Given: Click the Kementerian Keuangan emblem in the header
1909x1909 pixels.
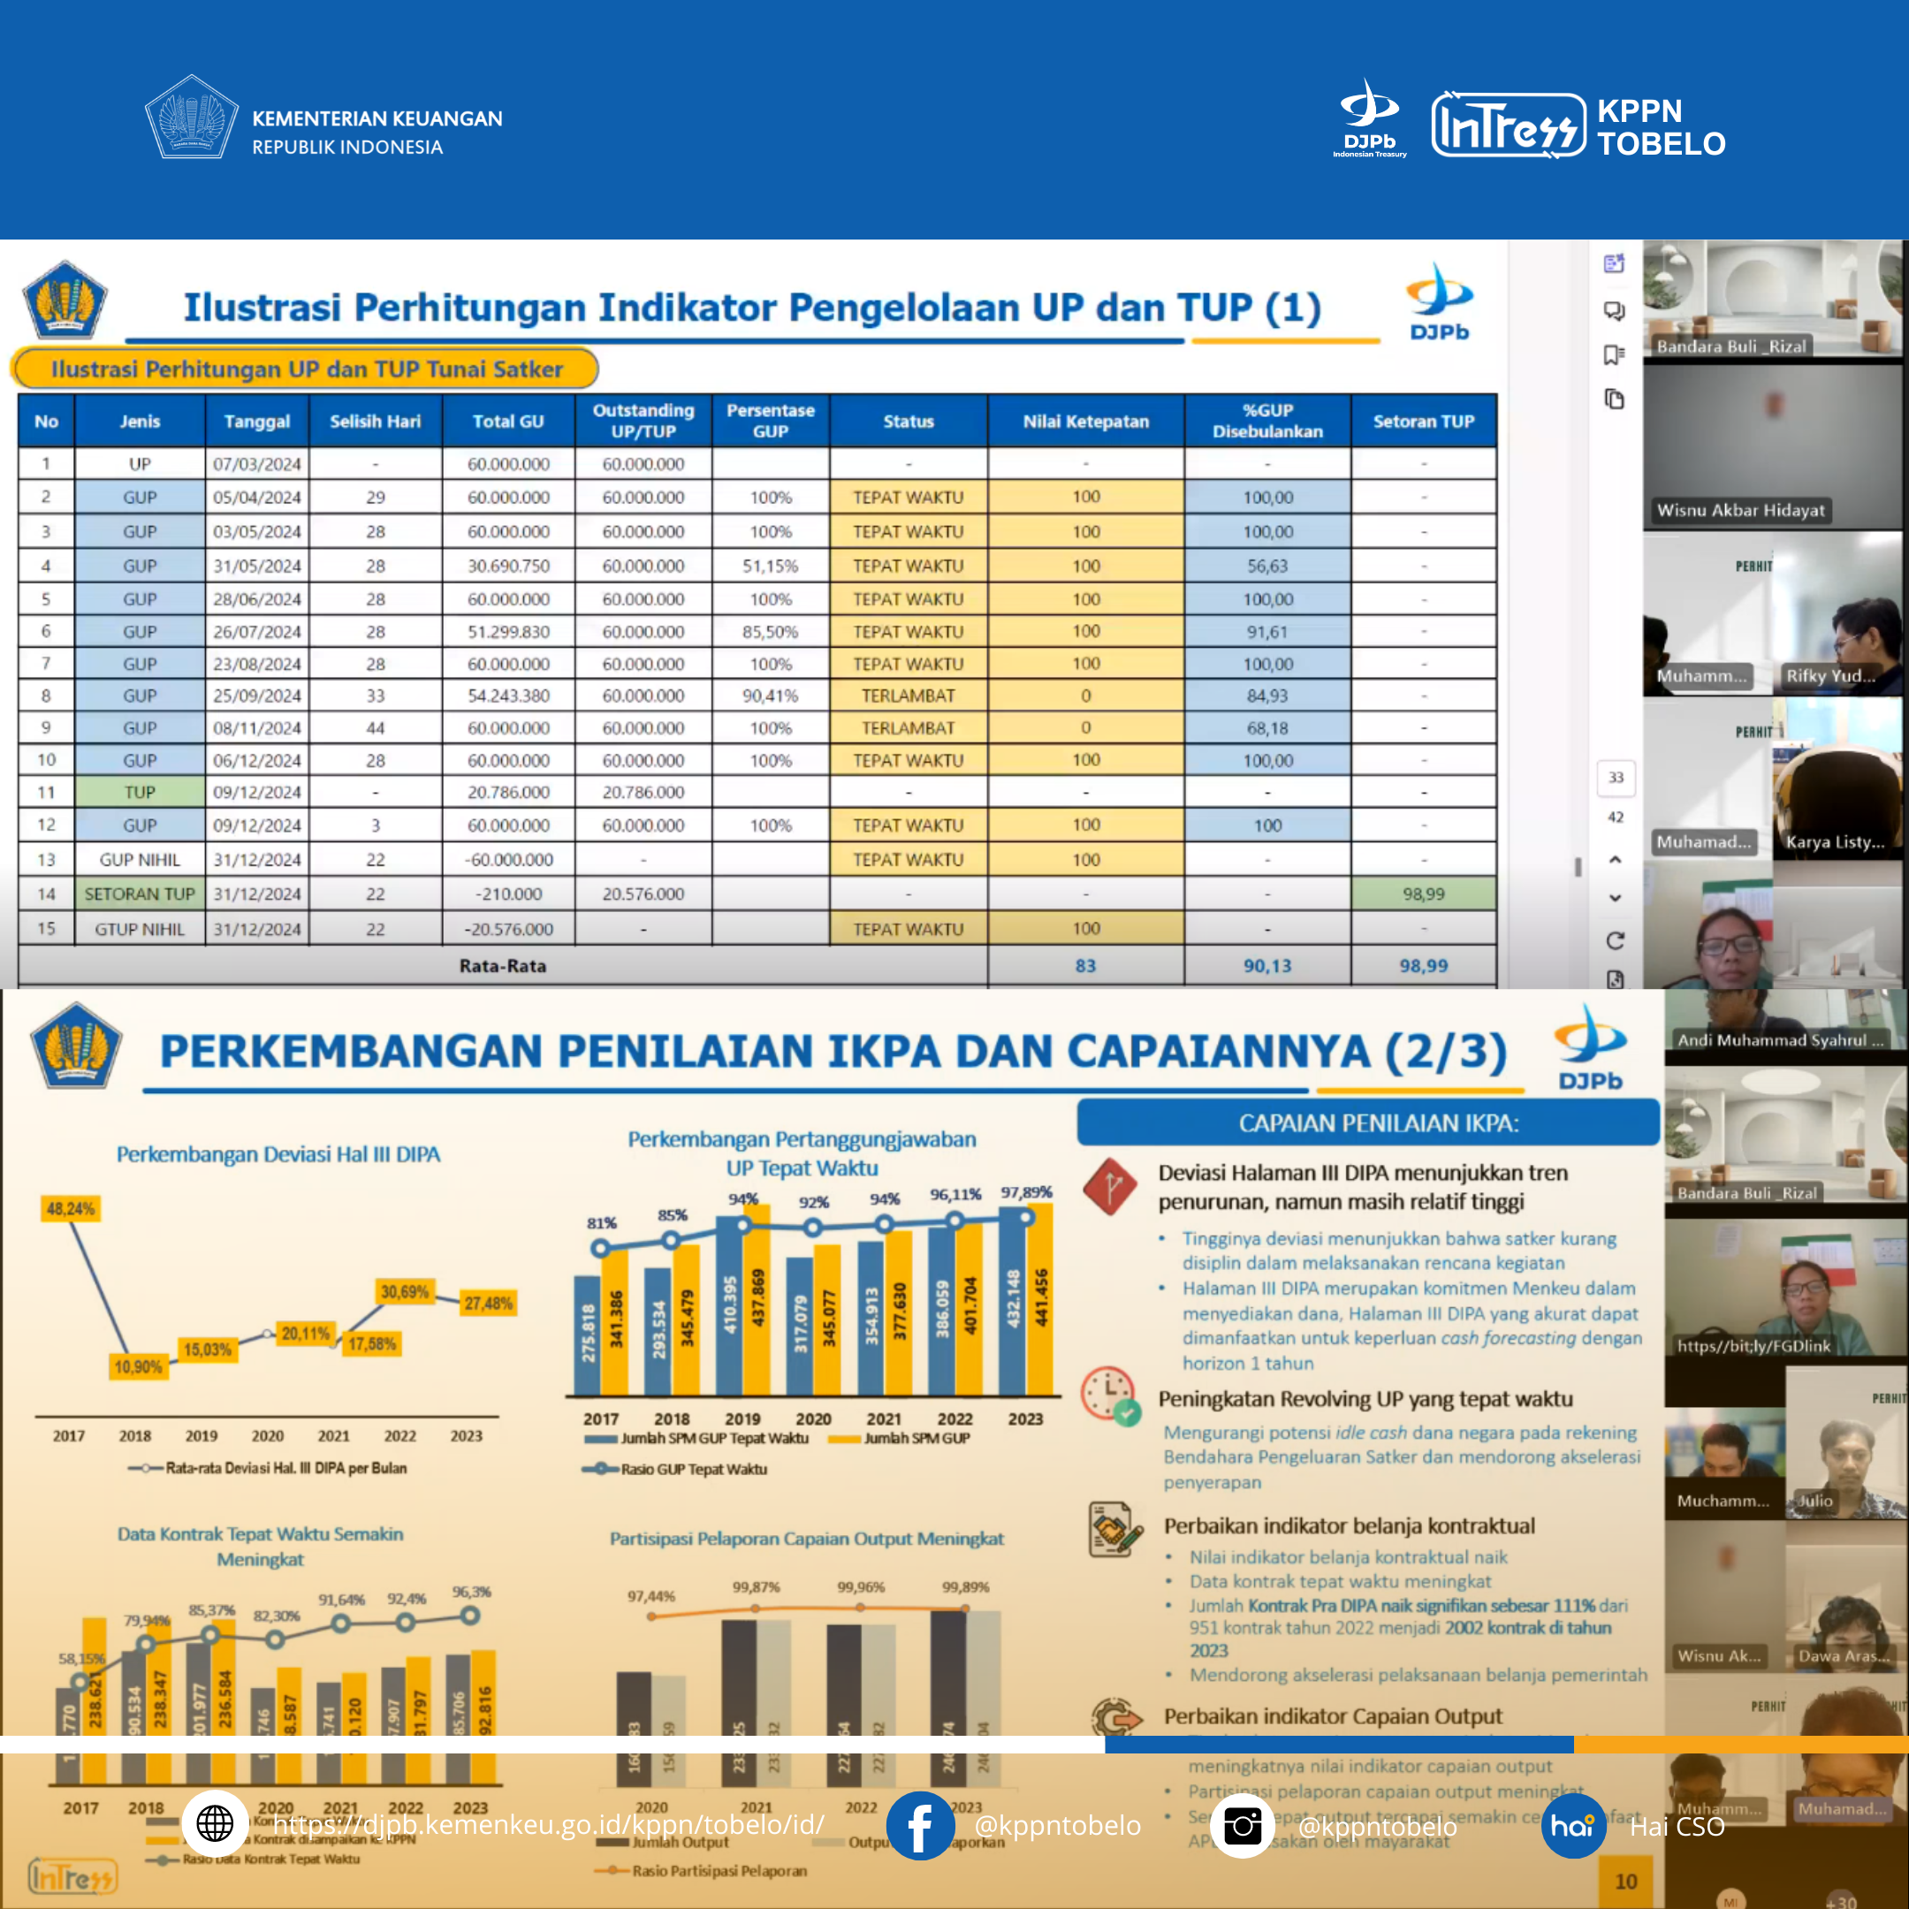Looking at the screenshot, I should (191, 118).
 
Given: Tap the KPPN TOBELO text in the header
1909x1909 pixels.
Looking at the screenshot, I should (1660, 127).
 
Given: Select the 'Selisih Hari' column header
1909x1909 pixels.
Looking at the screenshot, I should (375, 422).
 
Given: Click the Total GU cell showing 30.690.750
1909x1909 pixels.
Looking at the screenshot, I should (508, 567).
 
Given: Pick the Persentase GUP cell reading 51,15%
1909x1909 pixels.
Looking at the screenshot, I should (770, 567).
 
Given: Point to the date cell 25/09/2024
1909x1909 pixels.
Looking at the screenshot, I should (257, 696).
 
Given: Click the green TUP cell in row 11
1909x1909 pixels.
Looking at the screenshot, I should (140, 793).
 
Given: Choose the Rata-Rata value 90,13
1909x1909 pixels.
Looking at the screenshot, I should (1266, 966).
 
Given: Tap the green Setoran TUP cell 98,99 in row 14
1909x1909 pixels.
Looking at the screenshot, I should (1423, 894).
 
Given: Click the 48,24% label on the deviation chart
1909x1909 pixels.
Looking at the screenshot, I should (70, 1208).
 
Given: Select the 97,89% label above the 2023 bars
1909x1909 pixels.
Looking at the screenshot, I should (1025, 1192).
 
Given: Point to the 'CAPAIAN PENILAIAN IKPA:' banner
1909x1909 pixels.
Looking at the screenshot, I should (1378, 1123).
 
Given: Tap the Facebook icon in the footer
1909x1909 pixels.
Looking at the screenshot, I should (919, 1826).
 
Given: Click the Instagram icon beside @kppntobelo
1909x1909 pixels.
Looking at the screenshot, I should (1242, 1826).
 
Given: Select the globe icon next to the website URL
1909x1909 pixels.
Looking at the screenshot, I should (215, 1823).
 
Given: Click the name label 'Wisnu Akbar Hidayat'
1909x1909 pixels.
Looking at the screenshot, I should (1740, 511).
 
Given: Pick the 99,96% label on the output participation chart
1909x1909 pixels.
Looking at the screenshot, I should (861, 1588).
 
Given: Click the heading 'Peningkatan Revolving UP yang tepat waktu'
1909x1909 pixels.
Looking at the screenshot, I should (1365, 1399).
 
